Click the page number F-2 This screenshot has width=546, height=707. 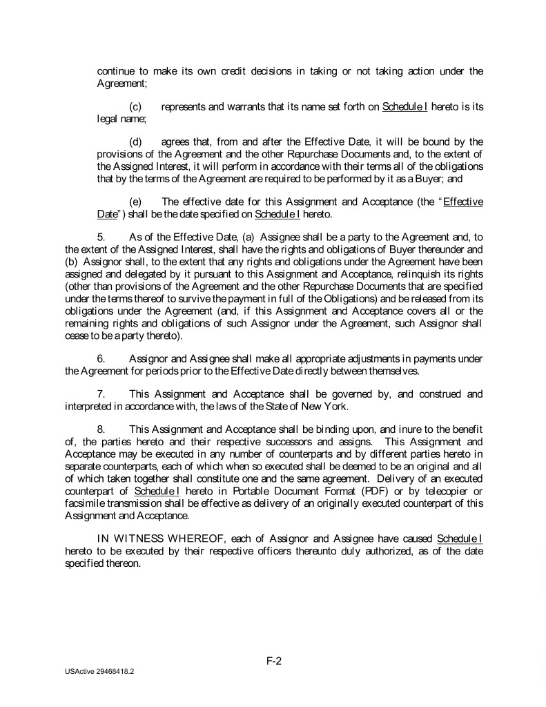(x=273, y=661)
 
